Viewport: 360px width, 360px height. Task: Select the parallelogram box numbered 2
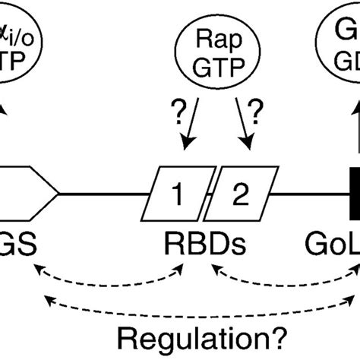coord(239,174)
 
